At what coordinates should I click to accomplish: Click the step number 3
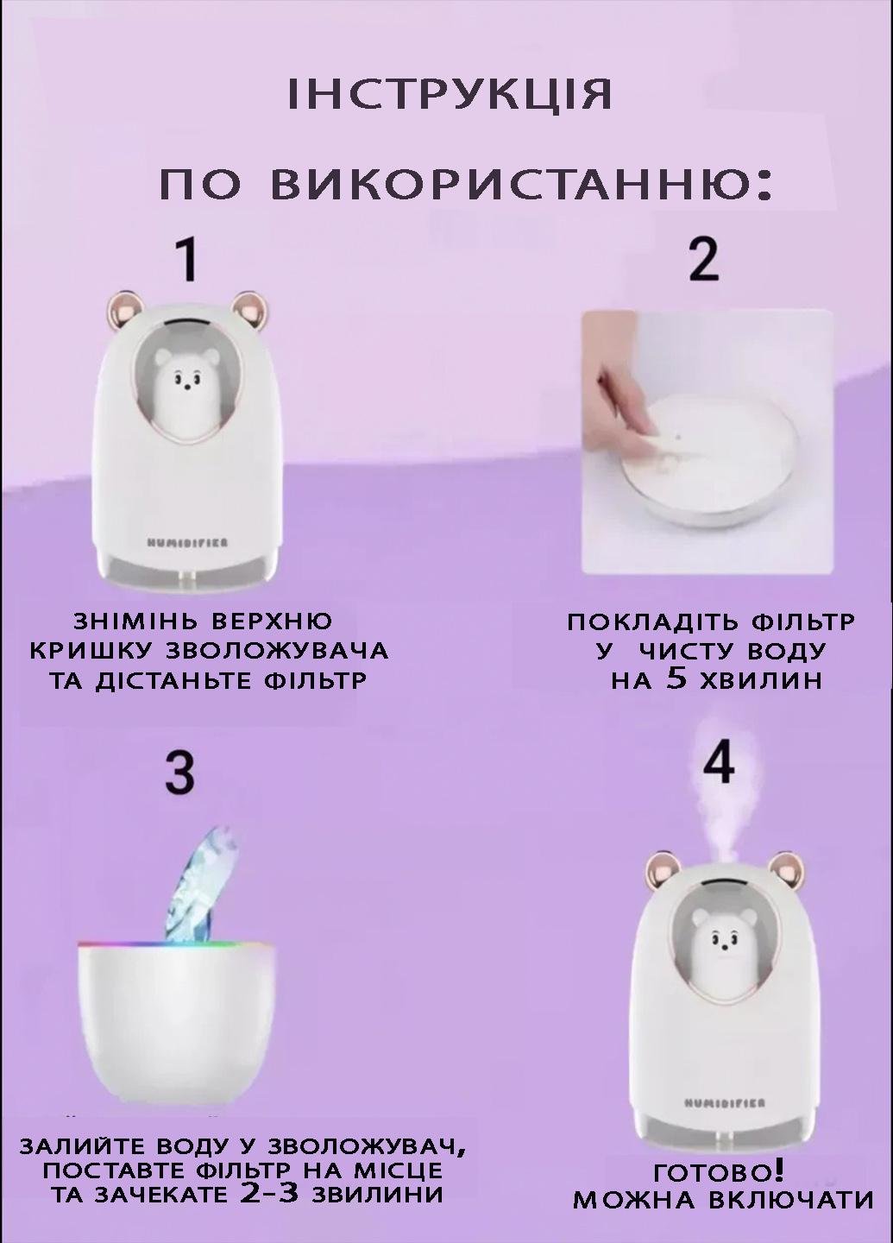coord(179,772)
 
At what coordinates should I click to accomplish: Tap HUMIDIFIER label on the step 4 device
coord(723,1102)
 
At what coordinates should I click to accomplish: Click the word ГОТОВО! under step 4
coord(719,1172)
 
